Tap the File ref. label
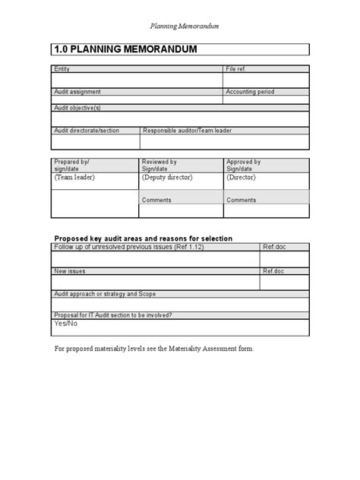[236, 69]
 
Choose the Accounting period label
[249, 92]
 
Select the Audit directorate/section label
[86, 131]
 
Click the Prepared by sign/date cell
[71, 165]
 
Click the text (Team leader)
[73, 177]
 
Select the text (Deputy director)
[168, 177]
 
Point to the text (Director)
[244, 177]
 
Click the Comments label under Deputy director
[156, 200]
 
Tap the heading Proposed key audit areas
[143, 238]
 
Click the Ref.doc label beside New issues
[273, 270]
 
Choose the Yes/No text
[65, 324]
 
